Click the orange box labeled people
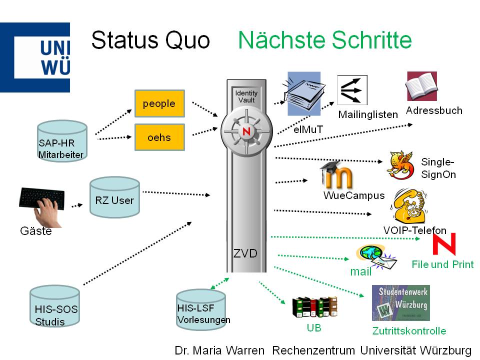pyautogui.click(x=159, y=103)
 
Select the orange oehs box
pyautogui.click(x=159, y=137)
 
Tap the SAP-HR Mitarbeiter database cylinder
pyautogui.click(x=62, y=141)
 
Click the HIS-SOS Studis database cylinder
pyautogui.click(x=54, y=306)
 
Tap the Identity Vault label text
pyautogui.click(x=246, y=96)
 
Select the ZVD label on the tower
pyautogui.click(x=245, y=253)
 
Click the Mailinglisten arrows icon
pyautogui.click(x=352, y=90)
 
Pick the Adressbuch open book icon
pyautogui.click(x=421, y=86)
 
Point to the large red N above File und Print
pyautogui.click(x=444, y=244)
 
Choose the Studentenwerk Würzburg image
pyautogui.click(x=400, y=302)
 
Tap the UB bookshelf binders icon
pyautogui.click(x=314, y=307)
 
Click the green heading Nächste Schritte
pyautogui.click(x=324, y=40)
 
